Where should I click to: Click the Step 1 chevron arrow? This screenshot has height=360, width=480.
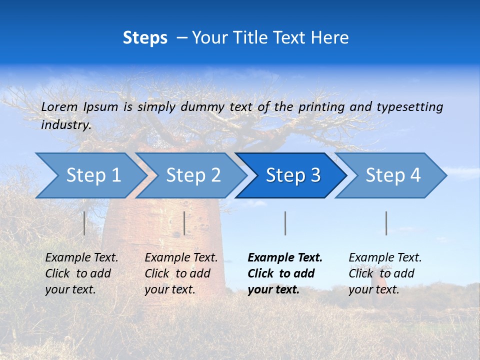(90, 175)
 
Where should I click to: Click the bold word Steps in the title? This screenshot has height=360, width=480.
(145, 38)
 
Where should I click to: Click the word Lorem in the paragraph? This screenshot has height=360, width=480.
(59, 106)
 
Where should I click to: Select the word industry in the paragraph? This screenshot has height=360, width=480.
(65, 125)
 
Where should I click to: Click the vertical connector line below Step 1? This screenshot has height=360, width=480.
(84, 223)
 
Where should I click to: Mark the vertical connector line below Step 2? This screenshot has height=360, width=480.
(184, 223)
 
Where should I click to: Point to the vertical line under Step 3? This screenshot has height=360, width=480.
(285, 223)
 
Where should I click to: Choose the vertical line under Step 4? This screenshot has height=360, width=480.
(386, 223)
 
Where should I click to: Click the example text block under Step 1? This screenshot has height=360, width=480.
(81, 273)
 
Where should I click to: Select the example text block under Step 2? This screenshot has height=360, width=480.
(181, 273)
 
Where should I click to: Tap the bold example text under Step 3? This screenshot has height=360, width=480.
(285, 273)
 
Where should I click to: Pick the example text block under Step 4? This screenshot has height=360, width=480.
(385, 273)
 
